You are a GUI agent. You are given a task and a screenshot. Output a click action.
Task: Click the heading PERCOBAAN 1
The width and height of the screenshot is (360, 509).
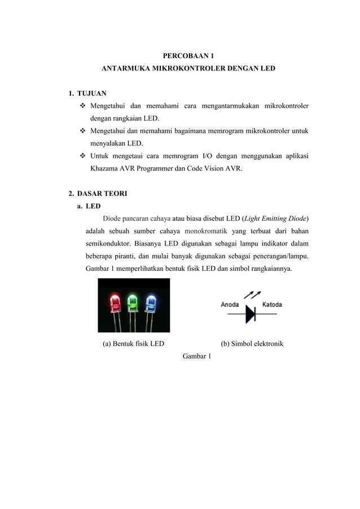tap(188, 56)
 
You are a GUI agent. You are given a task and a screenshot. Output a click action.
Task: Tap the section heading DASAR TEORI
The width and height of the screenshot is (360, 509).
tap(102, 194)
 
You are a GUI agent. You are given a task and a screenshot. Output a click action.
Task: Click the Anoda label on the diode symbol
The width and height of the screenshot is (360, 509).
tap(230, 305)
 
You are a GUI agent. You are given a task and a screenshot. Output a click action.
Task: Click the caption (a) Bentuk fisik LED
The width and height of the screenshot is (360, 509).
tap(133, 344)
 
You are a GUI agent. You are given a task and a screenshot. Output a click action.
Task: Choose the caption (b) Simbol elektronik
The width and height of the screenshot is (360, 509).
tap(252, 344)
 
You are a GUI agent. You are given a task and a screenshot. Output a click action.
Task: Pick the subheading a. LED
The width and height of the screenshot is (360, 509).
tap(89, 206)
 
